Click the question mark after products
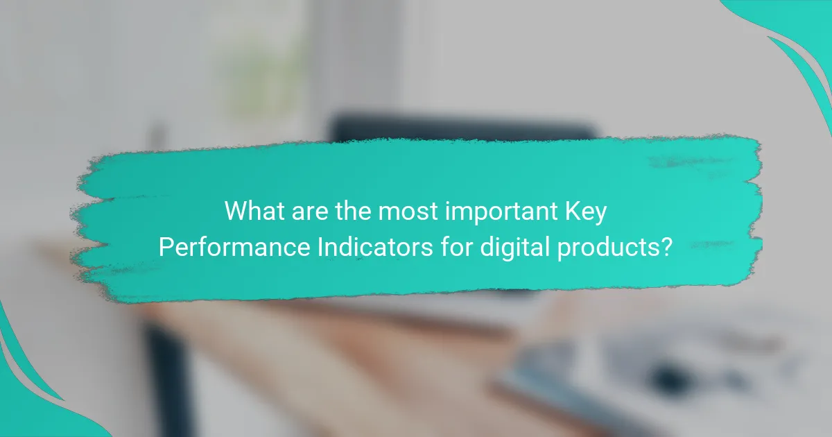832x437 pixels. tap(666, 247)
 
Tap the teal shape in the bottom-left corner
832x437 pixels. tap(28, 395)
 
